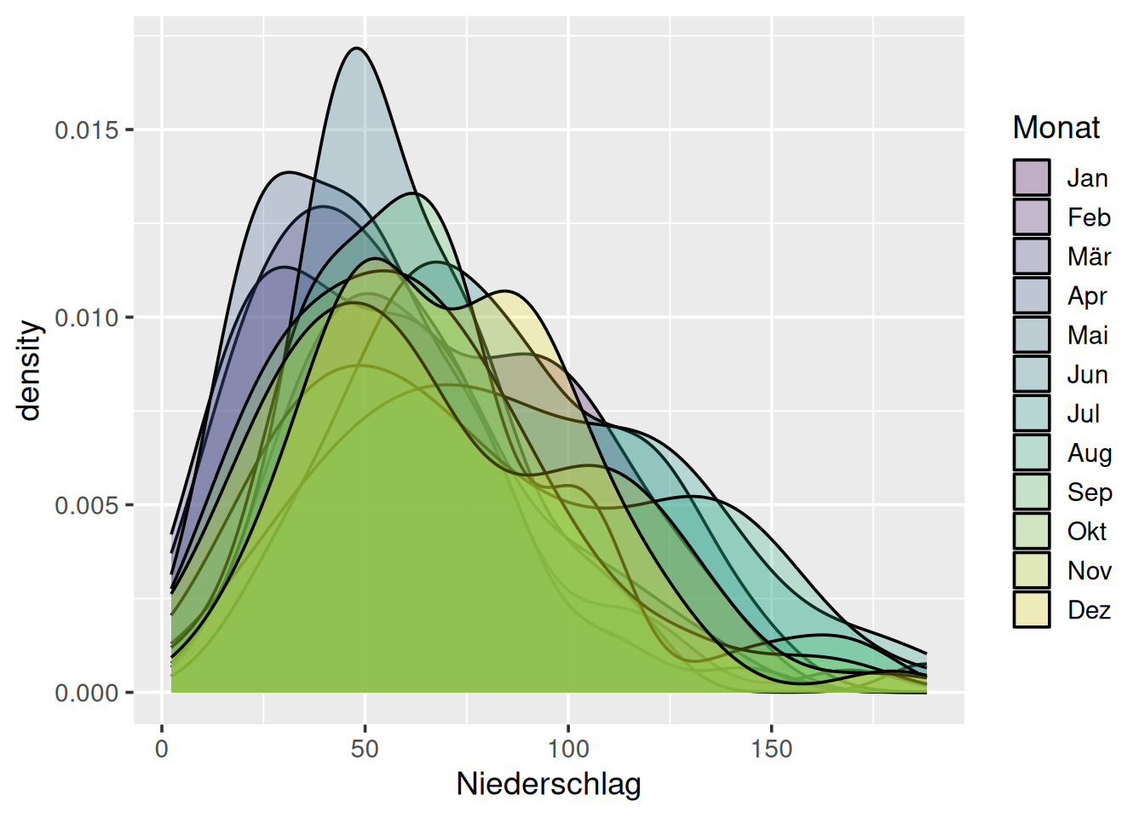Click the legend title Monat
pyautogui.click(x=1056, y=128)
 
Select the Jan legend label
pyautogui.click(x=1087, y=178)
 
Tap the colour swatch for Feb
pyautogui.click(x=1031, y=216)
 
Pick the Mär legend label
pyautogui.click(x=1089, y=256)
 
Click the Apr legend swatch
pyautogui.click(x=1031, y=295)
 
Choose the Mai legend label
pyautogui.click(x=1087, y=335)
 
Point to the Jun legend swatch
pyautogui.click(x=1031, y=373)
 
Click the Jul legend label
pyautogui.click(x=1083, y=413)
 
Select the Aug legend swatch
pyautogui.click(x=1031, y=452)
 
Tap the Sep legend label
pyautogui.click(x=1089, y=492)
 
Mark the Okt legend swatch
pyautogui.click(x=1031, y=530)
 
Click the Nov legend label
pyautogui.click(x=1089, y=570)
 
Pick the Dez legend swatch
pyautogui.click(x=1031, y=608)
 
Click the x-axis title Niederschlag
pyautogui.click(x=549, y=784)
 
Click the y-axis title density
pyautogui.click(x=30, y=371)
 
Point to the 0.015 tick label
pyautogui.click(x=86, y=130)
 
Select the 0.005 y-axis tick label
pyautogui.click(x=86, y=505)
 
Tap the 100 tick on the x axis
pyautogui.click(x=568, y=749)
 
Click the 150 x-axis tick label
pyautogui.click(x=771, y=749)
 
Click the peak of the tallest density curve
pyautogui.click(x=357, y=49)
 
